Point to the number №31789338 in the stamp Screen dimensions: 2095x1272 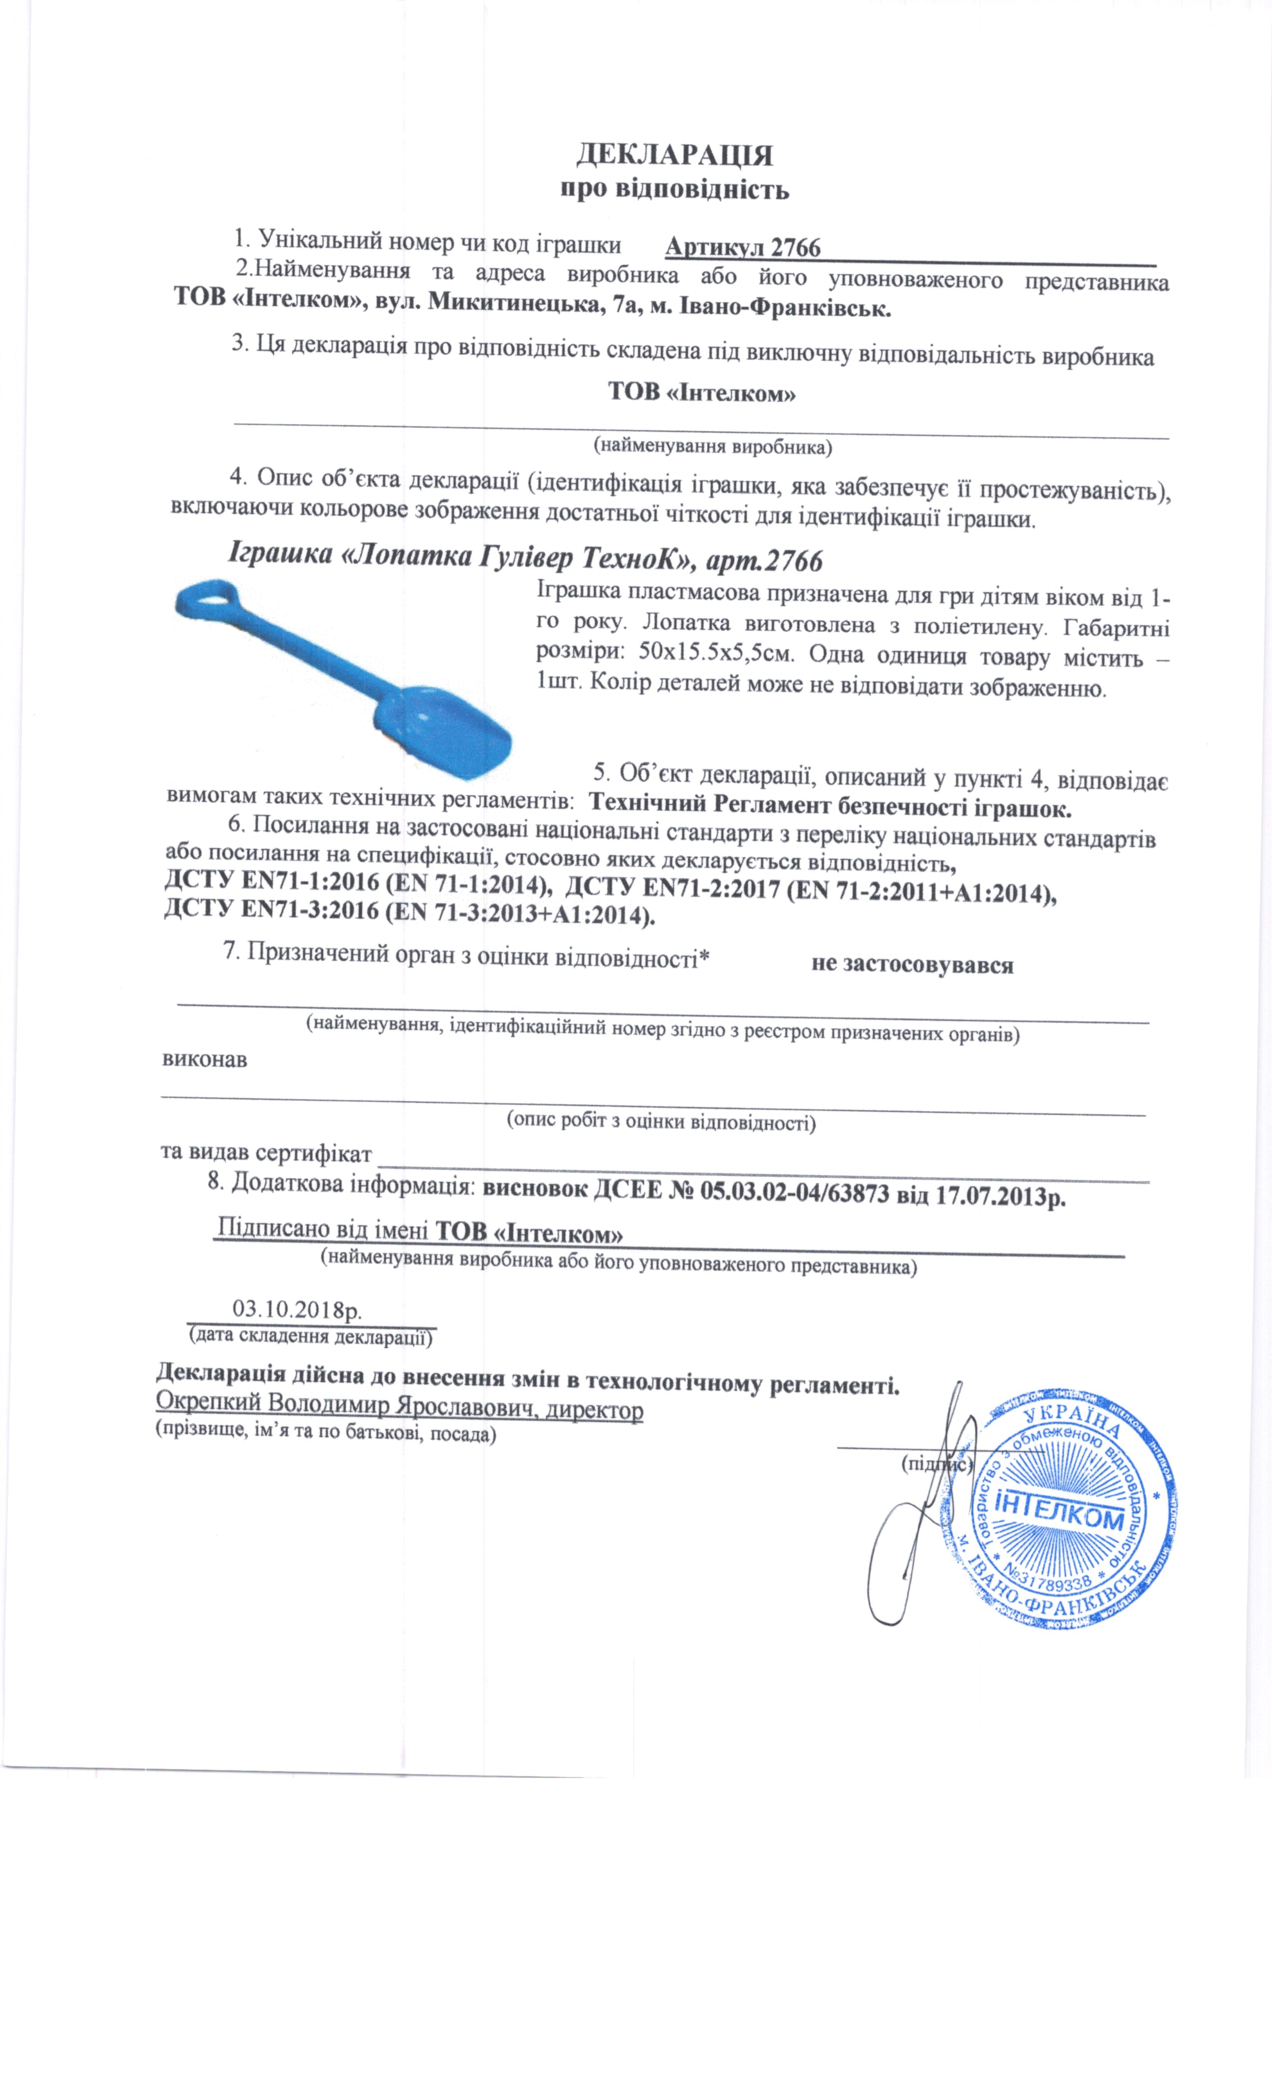1050,1581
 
